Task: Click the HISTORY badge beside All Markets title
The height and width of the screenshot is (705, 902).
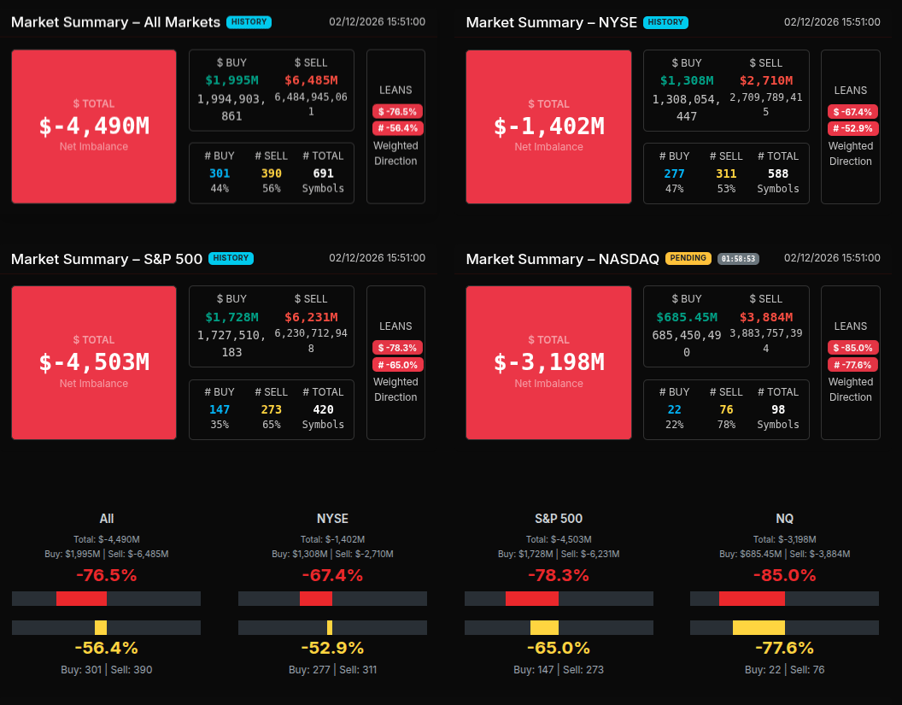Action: (249, 22)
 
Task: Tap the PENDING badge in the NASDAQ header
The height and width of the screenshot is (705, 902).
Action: (688, 258)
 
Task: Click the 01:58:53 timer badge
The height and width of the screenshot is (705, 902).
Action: (738, 259)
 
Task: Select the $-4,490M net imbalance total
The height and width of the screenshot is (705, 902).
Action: (94, 126)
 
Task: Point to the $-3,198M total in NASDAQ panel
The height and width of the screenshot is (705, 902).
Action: (548, 362)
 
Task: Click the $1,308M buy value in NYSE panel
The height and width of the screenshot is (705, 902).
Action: (687, 80)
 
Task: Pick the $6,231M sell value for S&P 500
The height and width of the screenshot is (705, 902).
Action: (311, 317)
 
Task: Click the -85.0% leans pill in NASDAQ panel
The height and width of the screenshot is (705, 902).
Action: (851, 348)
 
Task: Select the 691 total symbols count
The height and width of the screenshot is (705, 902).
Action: (323, 173)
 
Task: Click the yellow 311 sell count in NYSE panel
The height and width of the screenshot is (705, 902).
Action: (726, 173)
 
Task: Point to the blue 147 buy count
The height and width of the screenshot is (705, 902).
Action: (220, 409)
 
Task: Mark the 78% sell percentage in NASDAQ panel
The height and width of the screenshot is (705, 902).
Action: (726, 425)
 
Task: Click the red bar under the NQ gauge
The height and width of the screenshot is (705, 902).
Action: (752, 598)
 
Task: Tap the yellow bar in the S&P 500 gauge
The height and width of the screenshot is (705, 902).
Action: (544, 627)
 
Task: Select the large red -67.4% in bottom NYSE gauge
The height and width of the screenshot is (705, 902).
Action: (332, 575)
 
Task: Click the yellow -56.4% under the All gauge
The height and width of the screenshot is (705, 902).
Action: (106, 648)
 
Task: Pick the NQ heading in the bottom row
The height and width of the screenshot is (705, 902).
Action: (784, 519)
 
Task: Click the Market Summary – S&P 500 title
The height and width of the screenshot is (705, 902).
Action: (107, 259)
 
